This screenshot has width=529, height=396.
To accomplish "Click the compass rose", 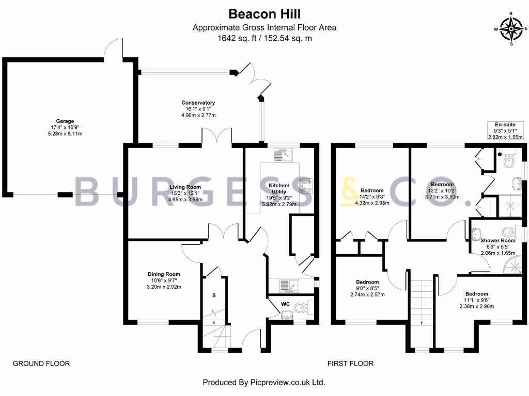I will click(511, 29).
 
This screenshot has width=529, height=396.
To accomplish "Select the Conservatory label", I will click(198, 103).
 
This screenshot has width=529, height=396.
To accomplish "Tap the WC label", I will click(286, 304).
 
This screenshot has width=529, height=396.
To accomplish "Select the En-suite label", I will click(505, 125).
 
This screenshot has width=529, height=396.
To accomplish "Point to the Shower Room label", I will click(497, 241).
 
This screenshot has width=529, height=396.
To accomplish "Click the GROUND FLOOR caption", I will click(41, 364).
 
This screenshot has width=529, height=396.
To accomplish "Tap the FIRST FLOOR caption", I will click(350, 364).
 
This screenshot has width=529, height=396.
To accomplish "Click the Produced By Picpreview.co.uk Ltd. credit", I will click(263, 383).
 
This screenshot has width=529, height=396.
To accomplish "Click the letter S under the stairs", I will click(214, 296).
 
